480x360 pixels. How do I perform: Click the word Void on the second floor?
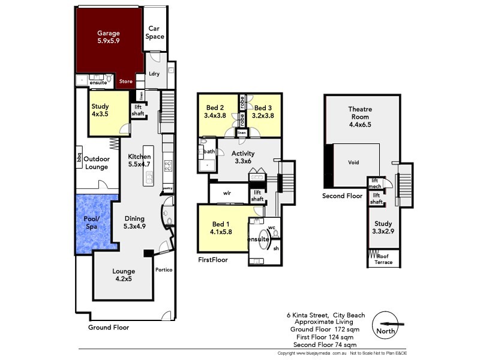(x=353, y=163)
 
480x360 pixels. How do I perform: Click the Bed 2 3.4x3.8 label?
(x=214, y=112)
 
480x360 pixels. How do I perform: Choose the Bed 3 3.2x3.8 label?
(x=263, y=112)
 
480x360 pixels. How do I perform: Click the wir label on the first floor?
(x=227, y=193)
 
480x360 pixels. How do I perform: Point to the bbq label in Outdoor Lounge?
(x=79, y=158)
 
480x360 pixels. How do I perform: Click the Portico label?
(x=164, y=270)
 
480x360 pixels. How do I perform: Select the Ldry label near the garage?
(x=154, y=74)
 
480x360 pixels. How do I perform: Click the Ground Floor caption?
(x=108, y=328)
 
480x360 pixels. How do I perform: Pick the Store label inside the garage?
(x=125, y=82)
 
